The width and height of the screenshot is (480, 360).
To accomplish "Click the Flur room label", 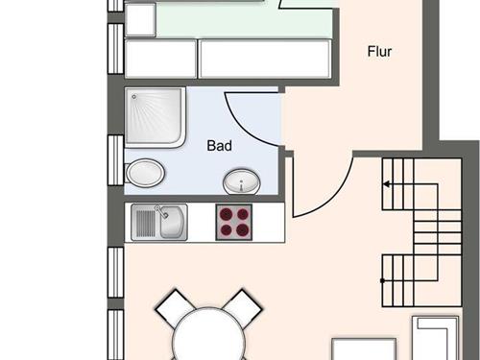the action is (379, 52).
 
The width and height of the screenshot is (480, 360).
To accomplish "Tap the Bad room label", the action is (220, 146).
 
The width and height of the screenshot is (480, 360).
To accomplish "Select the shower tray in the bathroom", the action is (155, 117).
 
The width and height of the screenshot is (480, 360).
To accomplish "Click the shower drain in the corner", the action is (134, 96).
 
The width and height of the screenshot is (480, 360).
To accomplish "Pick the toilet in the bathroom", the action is (145, 173).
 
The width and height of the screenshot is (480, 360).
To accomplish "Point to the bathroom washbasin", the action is (242, 181).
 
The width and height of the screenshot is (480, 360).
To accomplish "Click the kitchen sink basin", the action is (172, 223).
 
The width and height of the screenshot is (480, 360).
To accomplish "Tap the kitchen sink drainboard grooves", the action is (146, 224).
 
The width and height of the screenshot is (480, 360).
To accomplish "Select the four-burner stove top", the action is (234, 223).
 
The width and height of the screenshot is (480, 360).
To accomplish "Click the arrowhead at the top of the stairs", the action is (386, 184).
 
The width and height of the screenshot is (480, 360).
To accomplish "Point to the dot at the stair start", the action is (382, 280).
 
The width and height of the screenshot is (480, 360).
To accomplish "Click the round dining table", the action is (208, 334).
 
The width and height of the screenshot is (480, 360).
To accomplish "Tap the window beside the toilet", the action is (115, 160).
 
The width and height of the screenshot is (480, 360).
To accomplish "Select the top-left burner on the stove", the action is (227, 214).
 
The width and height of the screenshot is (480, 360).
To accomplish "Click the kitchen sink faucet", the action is (162, 211).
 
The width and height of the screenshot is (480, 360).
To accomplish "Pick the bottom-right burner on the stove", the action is (242, 229).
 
